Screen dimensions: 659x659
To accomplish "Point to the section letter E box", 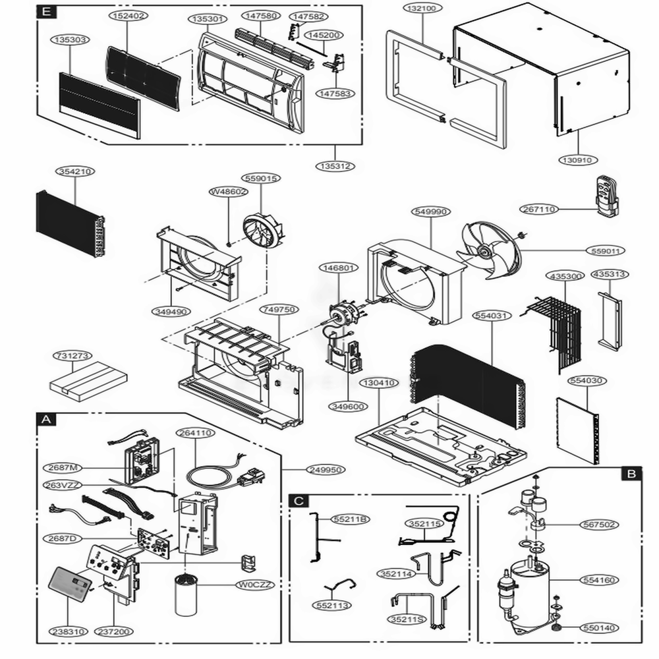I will (45, 12).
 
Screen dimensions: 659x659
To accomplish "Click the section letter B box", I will (631, 473).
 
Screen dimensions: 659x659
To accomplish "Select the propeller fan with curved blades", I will (491, 249).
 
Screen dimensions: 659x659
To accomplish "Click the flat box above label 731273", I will (88, 381).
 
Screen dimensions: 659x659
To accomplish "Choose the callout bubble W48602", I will (229, 192).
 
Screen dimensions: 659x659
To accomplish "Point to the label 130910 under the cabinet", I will (577, 159).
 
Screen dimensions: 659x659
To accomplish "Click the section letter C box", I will (299, 501).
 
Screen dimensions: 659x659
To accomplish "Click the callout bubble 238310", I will (67, 631).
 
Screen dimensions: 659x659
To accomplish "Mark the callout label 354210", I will (74, 171).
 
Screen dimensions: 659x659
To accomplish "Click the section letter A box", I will (45, 419).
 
